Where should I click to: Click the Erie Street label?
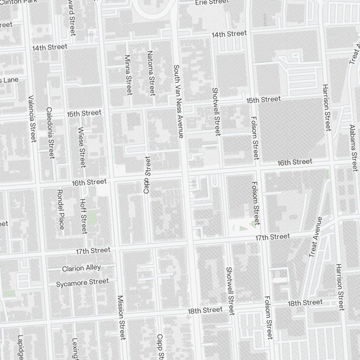pyautogui.click(x=212, y=2)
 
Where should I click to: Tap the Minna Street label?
pyautogui.click(x=128, y=75)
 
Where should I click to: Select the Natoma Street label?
pyautogui.click(x=151, y=73)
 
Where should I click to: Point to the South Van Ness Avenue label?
pyautogui.click(x=179, y=101)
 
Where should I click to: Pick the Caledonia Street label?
pyautogui.click(x=50, y=133)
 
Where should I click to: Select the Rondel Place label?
pyautogui.click(x=60, y=209)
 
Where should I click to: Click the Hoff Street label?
pyautogui.click(x=83, y=216)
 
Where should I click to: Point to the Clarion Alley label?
pyautogui.click(x=81, y=268)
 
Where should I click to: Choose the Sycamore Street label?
pyautogui.click(x=82, y=283)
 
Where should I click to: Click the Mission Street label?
pyautogui.click(x=121, y=318)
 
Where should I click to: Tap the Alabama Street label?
pyautogui.click(x=354, y=148)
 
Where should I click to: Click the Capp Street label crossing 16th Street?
pyautogui.click(x=147, y=175)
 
